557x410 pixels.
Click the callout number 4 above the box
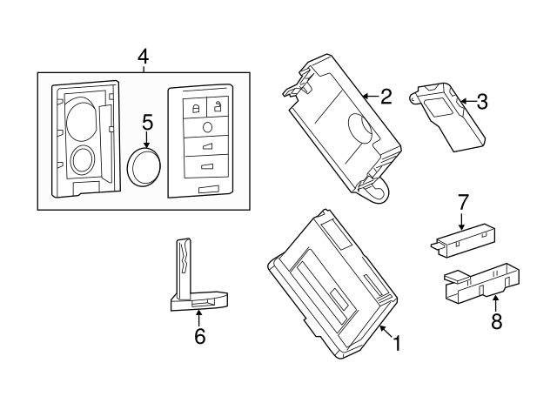144,57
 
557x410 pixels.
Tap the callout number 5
147,122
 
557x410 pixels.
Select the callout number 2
386,97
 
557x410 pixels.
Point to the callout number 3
482,102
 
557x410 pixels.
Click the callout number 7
463,202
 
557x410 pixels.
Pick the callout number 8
496,321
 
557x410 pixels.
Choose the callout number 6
200,336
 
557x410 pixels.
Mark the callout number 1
396,343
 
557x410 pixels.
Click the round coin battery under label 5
144,166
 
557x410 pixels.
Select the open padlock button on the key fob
218,106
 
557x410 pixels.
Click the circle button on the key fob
207,127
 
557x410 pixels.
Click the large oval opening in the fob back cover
81,118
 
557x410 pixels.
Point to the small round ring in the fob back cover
83,160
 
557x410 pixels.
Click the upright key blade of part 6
184,269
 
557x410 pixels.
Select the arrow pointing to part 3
468,102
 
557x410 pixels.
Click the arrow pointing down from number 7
461,221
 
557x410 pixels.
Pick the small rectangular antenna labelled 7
463,240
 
